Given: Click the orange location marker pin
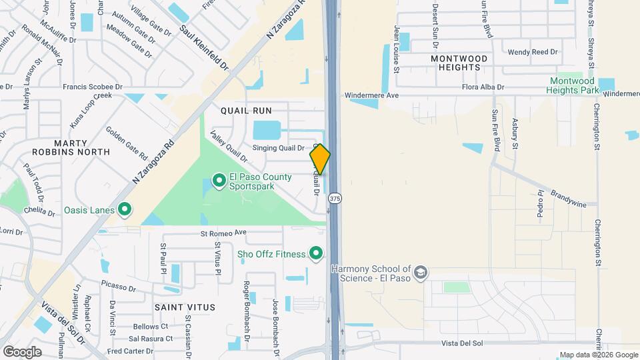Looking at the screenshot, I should (320, 159).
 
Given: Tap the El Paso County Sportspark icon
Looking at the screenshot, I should (218, 180).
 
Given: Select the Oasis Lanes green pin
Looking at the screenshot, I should (124, 210).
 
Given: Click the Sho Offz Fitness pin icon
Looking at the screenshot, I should (316, 253).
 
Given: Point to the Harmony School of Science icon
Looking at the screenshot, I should (421, 273).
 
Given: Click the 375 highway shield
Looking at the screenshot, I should (335, 199).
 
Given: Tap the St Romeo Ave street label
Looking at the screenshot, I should (224, 233).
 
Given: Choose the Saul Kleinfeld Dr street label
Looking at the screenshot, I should (203, 48).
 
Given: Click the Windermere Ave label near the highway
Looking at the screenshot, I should (371, 95).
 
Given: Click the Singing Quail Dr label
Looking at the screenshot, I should (278, 148).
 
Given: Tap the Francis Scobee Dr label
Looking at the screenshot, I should (93, 87).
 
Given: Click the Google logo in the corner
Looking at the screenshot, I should (22, 351).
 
